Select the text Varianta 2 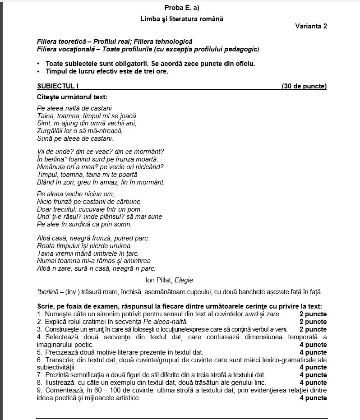tap(311, 26)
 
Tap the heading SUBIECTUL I tap(58, 86)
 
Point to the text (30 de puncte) tap(304, 86)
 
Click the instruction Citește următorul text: tap(72, 97)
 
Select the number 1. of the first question tap(39, 314)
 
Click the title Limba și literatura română tap(182, 19)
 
